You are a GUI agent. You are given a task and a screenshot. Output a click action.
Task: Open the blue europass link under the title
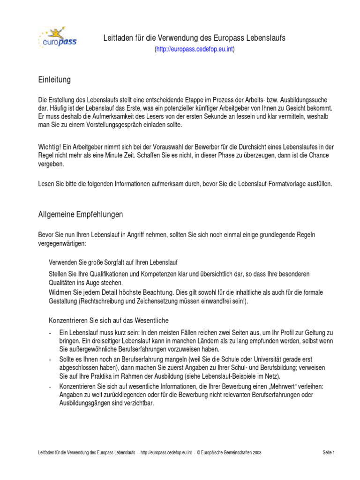(195, 49)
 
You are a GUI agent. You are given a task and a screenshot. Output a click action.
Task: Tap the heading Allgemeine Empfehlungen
(80, 215)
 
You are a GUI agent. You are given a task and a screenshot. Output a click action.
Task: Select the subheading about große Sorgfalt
(113, 262)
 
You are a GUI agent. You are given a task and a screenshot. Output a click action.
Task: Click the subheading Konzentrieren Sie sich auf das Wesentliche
(109, 321)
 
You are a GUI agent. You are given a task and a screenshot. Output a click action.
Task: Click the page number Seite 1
(329, 452)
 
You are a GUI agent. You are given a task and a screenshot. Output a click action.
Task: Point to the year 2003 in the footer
(256, 452)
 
